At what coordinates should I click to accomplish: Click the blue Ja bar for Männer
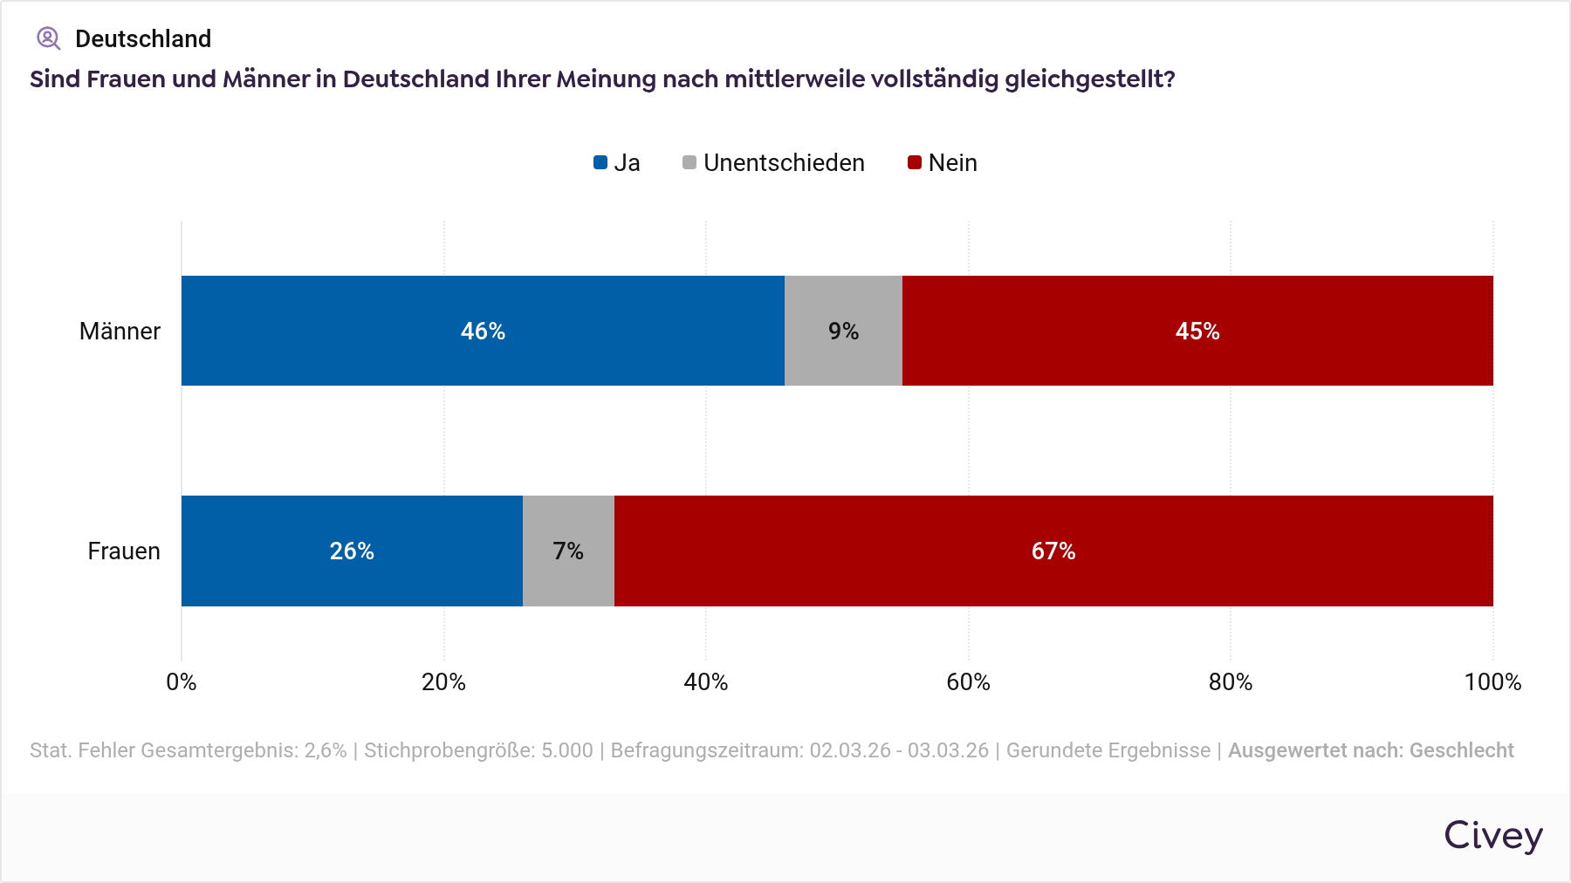click(x=483, y=331)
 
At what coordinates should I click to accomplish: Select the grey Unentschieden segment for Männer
click(x=843, y=331)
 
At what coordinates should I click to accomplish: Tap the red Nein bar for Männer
click(x=1197, y=331)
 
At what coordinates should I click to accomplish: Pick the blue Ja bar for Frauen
click(x=352, y=551)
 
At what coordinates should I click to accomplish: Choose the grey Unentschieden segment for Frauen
click(x=568, y=551)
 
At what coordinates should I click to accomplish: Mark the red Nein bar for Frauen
click(x=1053, y=551)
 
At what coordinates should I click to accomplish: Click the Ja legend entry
click(x=617, y=163)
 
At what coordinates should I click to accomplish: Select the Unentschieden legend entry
click(x=773, y=163)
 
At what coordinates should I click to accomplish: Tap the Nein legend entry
click(x=943, y=163)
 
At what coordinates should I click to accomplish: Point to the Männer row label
click(x=120, y=332)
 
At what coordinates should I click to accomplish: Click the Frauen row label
click(x=124, y=551)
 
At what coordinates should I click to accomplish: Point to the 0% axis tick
click(x=182, y=682)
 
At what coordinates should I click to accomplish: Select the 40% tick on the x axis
click(x=706, y=682)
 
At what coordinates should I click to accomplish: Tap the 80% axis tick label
click(x=1231, y=682)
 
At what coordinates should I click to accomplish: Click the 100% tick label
click(x=1492, y=682)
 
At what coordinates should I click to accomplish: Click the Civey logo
click(x=1493, y=836)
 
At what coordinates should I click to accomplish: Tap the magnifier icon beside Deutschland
click(x=48, y=38)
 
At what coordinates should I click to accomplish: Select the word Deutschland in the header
click(x=143, y=39)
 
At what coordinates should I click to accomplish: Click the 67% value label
click(x=1053, y=551)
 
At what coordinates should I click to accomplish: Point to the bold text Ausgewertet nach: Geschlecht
click(x=1370, y=750)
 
